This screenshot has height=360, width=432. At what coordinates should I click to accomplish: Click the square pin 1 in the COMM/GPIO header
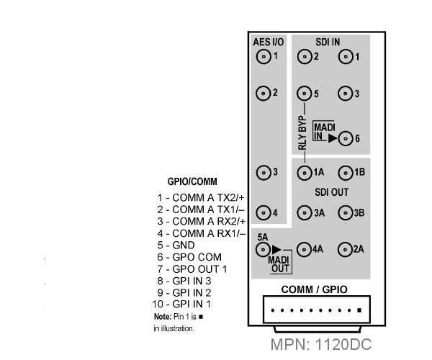click(x=359, y=310)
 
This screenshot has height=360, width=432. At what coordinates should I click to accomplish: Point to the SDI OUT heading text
click(x=331, y=192)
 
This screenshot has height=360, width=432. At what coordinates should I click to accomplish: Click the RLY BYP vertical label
click(x=302, y=133)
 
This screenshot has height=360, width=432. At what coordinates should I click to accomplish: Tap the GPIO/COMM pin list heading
click(x=192, y=181)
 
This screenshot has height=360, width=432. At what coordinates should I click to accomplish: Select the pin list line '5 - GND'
click(x=176, y=245)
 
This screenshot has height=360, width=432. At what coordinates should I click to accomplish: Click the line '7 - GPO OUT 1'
click(x=192, y=269)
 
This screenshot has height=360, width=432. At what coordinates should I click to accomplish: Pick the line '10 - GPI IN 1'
click(x=181, y=304)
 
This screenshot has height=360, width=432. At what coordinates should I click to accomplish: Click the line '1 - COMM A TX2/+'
click(x=201, y=198)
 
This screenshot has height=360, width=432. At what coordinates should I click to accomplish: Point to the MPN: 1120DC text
click(x=321, y=344)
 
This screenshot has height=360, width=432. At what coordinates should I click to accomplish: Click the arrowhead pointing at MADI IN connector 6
click(x=333, y=138)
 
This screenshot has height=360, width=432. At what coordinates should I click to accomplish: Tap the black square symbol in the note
click(x=201, y=317)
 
